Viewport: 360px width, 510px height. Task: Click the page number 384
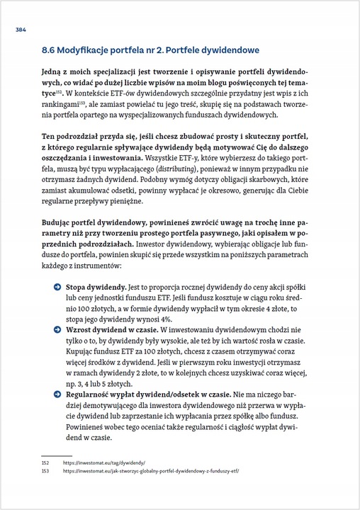point(21,30)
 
